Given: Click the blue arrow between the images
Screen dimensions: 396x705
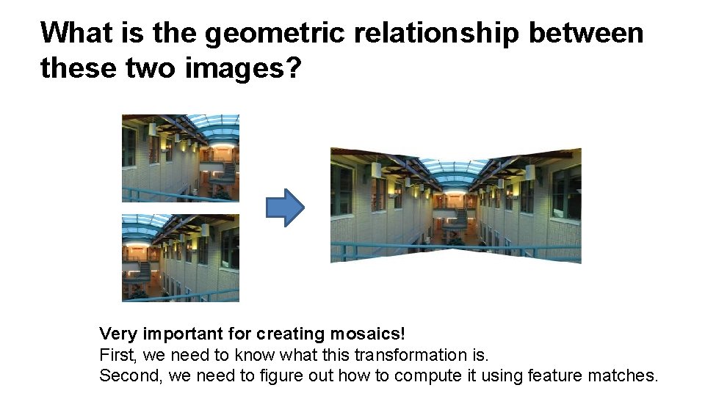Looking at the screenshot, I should click(283, 207).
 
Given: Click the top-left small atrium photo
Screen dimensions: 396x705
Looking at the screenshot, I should click(180, 158).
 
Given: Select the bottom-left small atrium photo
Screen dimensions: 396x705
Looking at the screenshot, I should click(180, 257).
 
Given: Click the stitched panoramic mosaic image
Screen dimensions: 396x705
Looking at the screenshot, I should click(455, 205).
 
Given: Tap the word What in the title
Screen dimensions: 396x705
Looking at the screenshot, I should click(75, 34).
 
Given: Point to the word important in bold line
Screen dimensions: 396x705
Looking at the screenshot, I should click(181, 334).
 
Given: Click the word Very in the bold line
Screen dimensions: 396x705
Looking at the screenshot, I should click(118, 334).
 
